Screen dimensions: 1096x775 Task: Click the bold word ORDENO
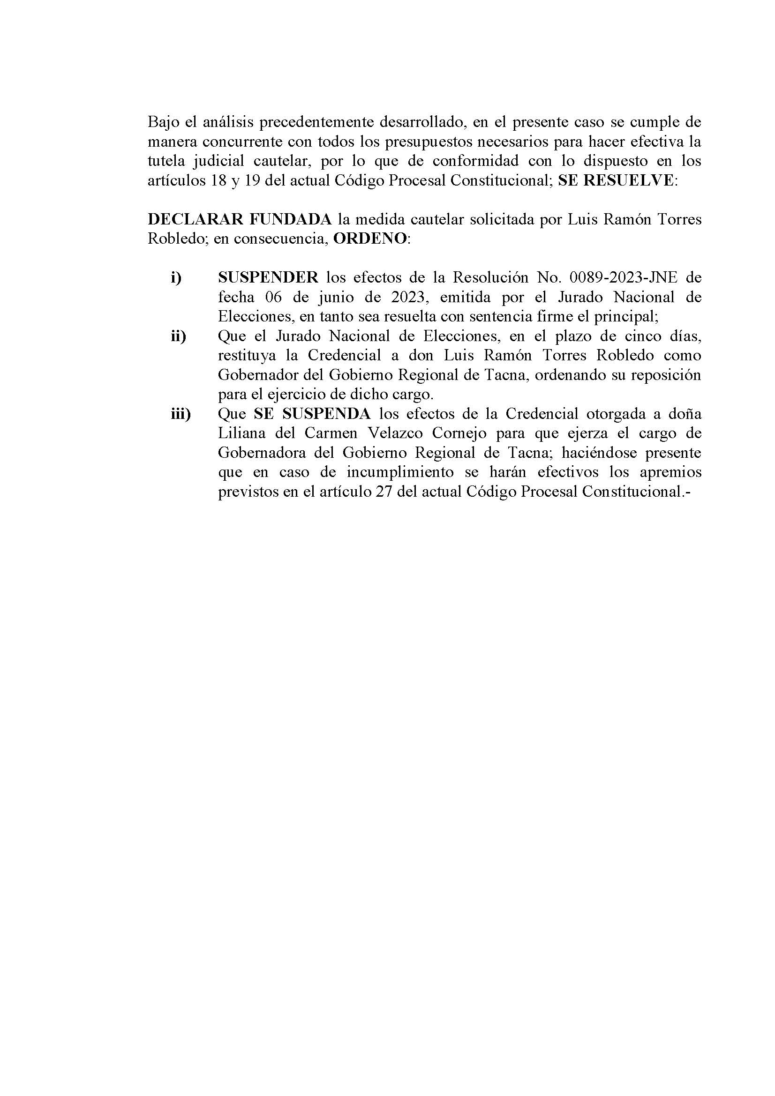tap(369, 239)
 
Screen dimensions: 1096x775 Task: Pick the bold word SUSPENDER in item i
tap(268, 277)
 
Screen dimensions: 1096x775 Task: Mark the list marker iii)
tap(181, 414)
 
